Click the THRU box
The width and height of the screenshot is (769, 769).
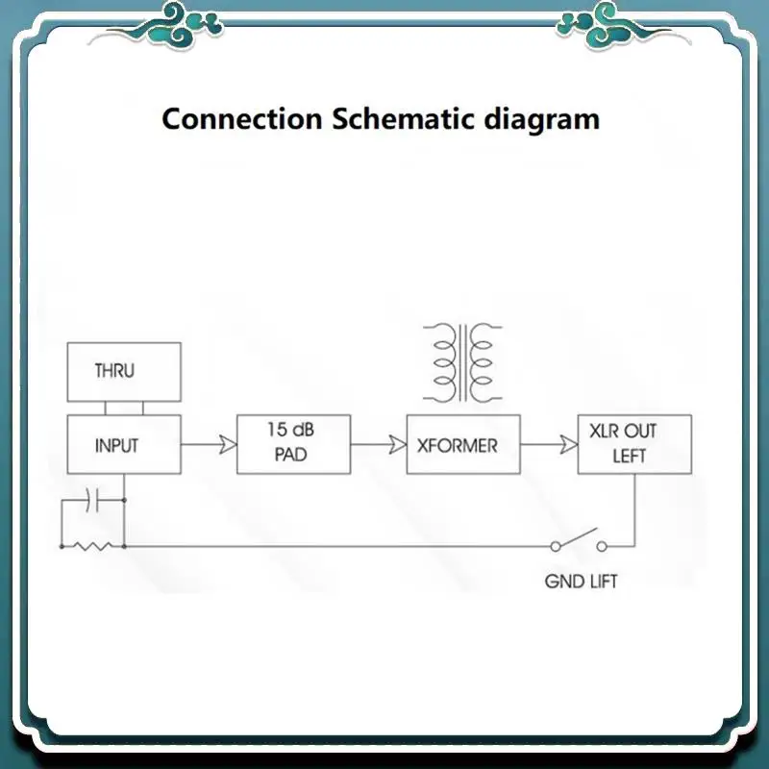coord(123,371)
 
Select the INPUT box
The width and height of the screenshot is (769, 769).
coord(123,444)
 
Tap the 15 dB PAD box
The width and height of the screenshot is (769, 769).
coord(293,444)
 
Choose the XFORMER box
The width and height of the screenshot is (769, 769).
coord(463,444)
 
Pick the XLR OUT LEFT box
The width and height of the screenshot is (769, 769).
coord(633,444)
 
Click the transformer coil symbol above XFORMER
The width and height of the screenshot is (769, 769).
coord(463,362)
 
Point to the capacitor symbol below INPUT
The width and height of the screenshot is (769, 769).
coord(93,500)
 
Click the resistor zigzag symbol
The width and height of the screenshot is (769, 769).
coord(93,546)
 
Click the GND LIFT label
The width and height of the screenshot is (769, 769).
coord(581,582)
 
